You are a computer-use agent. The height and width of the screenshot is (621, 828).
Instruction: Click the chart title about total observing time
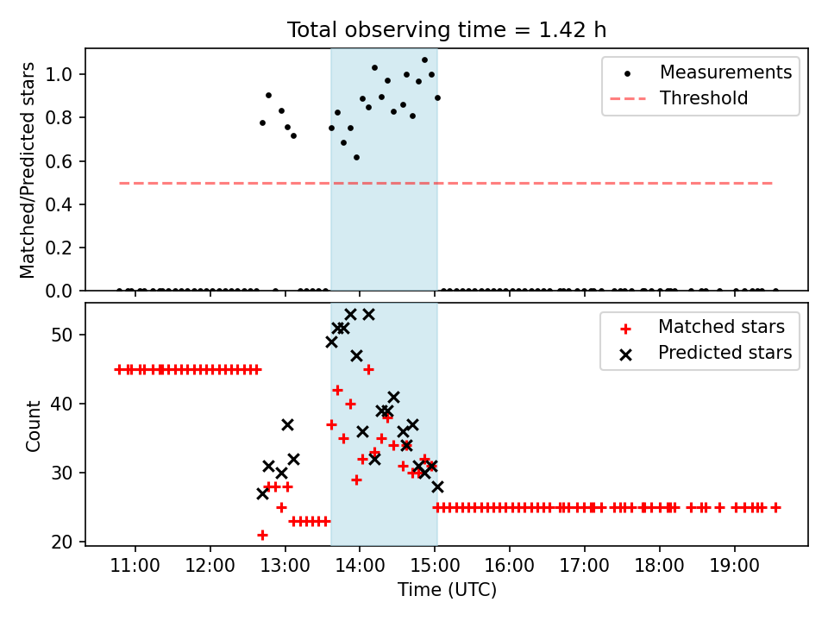click(x=447, y=30)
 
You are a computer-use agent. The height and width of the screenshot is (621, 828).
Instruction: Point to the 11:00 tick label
click(x=135, y=566)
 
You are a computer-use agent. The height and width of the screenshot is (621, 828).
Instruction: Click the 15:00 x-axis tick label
click(x=435, y=566)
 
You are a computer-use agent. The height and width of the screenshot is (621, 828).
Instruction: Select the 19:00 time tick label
click(x=734, y=566)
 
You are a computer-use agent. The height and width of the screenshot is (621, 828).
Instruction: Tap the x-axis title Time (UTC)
click(x=448, y=590)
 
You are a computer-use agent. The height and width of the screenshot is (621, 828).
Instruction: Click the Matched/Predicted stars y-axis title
click(x=28, y=170)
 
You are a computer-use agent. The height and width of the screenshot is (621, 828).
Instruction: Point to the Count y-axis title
click(x=33, y=425)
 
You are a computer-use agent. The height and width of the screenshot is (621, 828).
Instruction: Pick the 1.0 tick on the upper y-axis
click(x=58, y=74)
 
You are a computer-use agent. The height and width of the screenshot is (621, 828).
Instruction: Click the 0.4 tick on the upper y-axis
click(x=58, y=204)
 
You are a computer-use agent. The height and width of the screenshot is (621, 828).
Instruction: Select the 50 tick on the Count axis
click(x=61, y=336)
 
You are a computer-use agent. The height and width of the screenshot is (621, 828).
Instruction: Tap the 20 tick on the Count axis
click(x=61, y=542)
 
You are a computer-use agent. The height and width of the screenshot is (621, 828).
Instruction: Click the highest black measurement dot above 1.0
click(x=424, y=60)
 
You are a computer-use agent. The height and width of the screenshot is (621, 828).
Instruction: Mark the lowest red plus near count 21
click(x=262, y=535)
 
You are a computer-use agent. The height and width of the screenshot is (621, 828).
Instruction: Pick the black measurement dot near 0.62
click(x=356, y=157)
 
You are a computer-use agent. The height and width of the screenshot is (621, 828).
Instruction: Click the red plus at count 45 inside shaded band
click(x=368, y=370)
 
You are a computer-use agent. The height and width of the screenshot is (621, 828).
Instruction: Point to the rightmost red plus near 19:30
click(x=775, y=507)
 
